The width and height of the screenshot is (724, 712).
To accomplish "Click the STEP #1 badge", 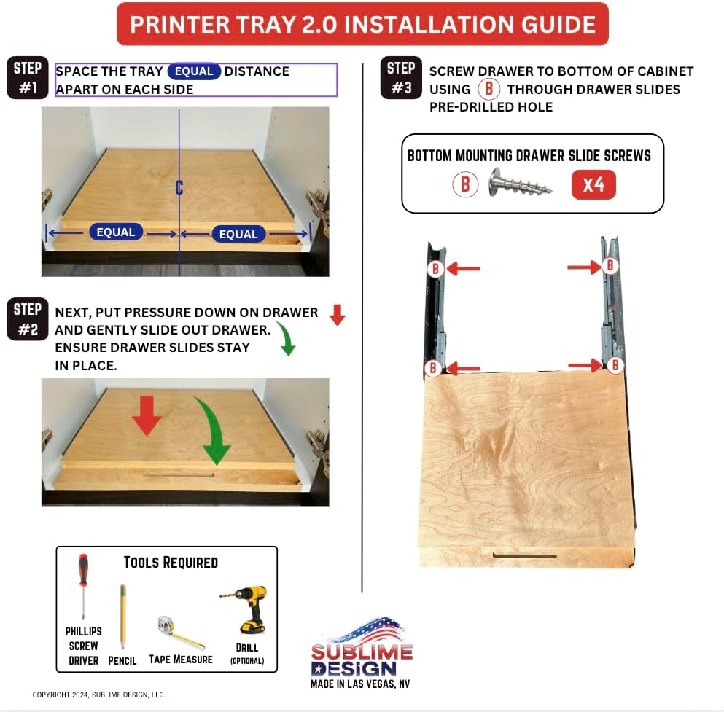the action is (27, 77).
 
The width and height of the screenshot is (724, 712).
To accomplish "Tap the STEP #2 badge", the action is (27, 319).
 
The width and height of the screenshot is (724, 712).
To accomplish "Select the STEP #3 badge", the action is (401, 77).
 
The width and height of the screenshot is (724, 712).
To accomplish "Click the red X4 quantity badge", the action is (593, 184).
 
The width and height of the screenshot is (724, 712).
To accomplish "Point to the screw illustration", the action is (520, 183).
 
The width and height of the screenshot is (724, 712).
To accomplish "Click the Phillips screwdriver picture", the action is (83, 586).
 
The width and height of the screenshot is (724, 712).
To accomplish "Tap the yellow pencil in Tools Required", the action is (122, 617).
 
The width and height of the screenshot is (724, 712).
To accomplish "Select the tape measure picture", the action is (181, 631).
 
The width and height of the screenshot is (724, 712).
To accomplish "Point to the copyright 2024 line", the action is (99, 695).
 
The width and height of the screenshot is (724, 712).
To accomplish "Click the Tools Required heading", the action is (171, 563).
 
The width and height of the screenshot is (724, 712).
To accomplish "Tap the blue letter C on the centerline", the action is (179, 188).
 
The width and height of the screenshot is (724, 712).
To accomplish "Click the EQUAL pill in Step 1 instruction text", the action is (194, 71).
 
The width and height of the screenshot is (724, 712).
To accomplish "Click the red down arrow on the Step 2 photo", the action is (147, 415).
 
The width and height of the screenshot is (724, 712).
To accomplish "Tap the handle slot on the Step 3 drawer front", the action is (525, 555).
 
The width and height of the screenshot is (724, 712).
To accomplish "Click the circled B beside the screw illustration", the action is (465, 184).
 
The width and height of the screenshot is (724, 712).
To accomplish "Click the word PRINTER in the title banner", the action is (179, 25).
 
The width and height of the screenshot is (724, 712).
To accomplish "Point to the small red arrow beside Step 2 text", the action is (338, 315).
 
